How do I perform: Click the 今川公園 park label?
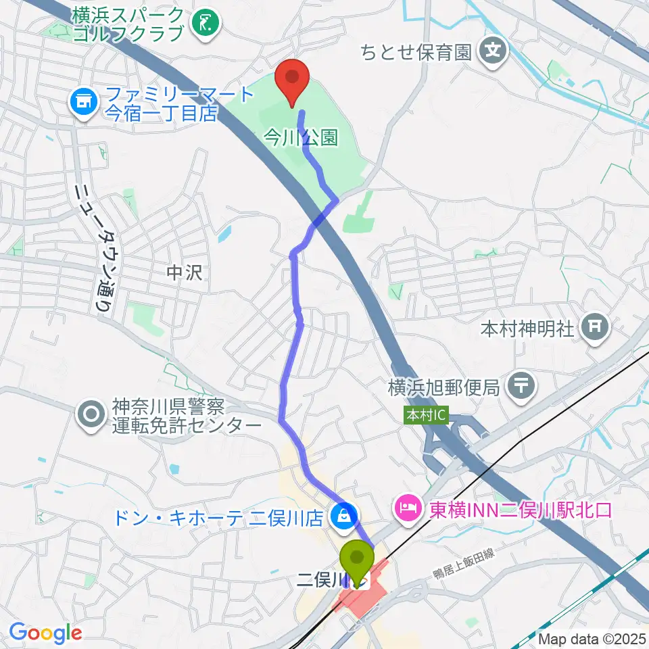300,139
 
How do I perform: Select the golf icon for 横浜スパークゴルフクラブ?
206,24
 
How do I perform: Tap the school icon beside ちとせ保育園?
495,51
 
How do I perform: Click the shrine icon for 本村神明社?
595,329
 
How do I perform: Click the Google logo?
45,633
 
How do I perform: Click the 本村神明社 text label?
527,329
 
